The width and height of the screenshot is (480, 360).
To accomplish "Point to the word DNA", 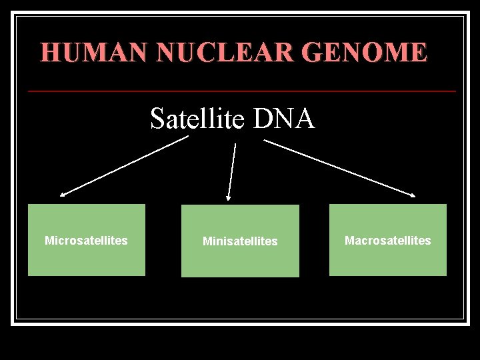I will pos(283,119).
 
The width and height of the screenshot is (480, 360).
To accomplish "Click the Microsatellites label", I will pos(86,241).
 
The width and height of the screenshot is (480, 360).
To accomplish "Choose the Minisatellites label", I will pos(240,241).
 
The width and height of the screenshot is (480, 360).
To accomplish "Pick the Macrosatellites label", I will pos(387,241).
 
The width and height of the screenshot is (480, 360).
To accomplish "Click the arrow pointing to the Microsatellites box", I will pos(124,166).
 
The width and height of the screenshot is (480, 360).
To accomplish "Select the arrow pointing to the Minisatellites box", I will pos(232,171).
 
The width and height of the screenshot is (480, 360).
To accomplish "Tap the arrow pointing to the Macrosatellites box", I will pos(340,168).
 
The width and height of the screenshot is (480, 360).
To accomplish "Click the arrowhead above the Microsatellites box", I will pos(63,195).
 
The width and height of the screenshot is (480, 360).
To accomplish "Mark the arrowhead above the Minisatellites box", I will pos(229,197).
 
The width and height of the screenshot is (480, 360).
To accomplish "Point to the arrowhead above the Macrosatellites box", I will pos(413,195).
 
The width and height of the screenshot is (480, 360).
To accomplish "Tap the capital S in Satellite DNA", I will pos(158,119).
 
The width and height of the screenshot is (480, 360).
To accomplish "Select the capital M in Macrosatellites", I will pos(349,241).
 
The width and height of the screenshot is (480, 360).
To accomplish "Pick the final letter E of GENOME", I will pos(419,52).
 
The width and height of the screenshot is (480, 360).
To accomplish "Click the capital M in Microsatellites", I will pos(49,241).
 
